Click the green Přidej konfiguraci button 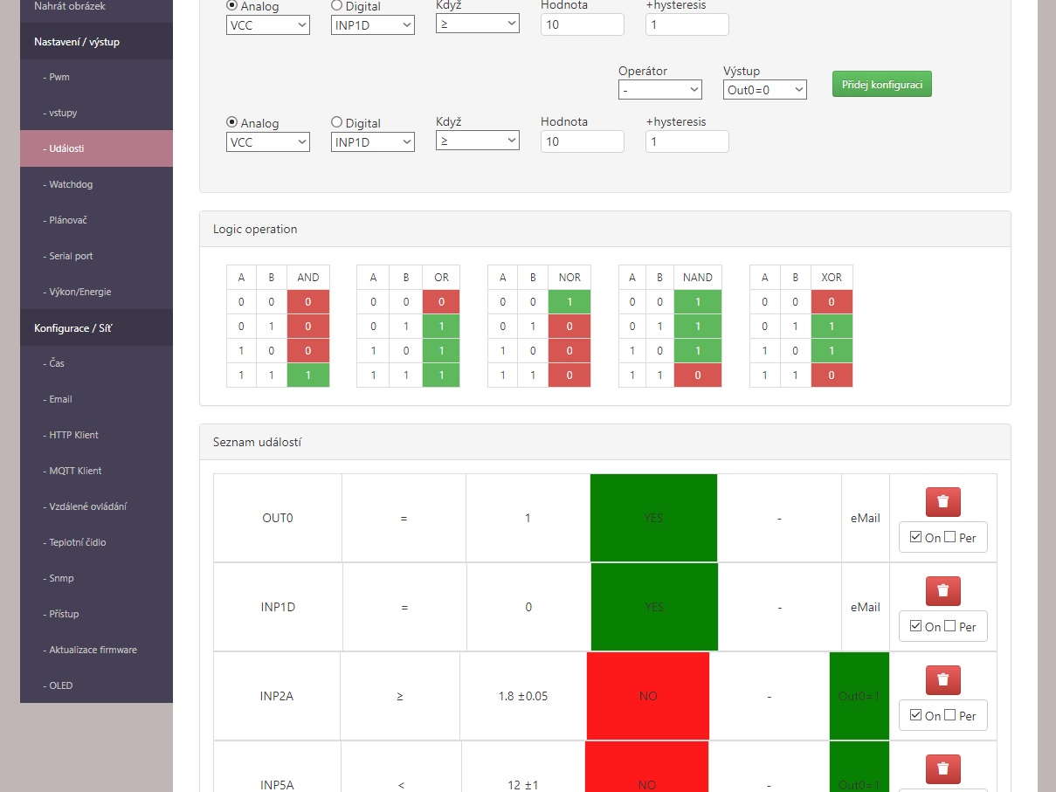[x=882, y=84]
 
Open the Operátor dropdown [x=660, y=89]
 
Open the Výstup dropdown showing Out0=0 [x=765, y=89]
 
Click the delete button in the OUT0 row [x=943, y=501]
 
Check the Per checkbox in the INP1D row [x=949, y=626]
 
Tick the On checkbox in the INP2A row [x=915, y=715]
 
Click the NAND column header [x=698, y=278]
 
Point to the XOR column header [x=832, y=278]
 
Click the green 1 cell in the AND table [x=308, y=375]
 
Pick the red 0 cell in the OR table [x=441, y=302]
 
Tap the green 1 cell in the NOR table [x=569, y=302]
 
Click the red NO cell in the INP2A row [x=648, y=696]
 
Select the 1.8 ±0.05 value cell [x=523, y=696]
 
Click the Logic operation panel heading [x=255, y=229]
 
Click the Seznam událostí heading [x=257, y=442]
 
